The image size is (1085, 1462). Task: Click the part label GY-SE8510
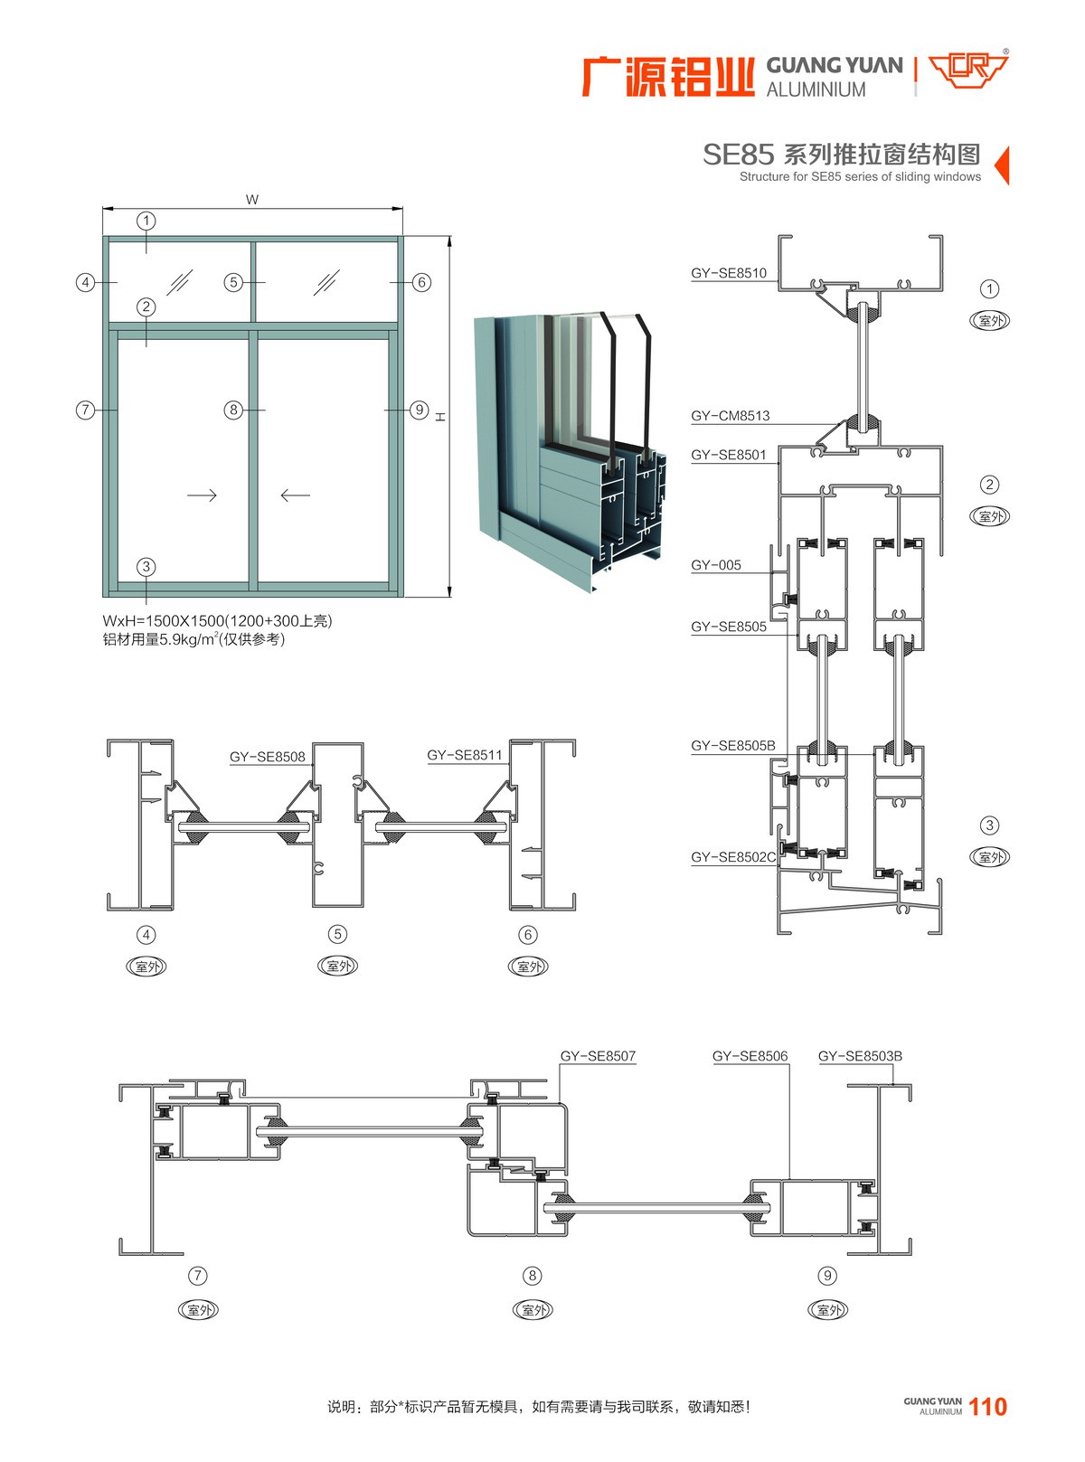729,273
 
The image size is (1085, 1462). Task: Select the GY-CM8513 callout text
731,416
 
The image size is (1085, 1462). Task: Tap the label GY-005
716,565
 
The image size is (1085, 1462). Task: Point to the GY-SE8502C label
733,857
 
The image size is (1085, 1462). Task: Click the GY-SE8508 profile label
268,757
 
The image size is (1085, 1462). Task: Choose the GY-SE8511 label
465,755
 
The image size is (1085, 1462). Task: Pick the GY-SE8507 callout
598,1056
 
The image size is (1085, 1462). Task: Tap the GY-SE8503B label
860,1056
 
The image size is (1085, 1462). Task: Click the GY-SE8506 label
750,1056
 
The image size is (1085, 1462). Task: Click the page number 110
987,1407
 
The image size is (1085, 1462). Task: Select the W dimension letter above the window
252,200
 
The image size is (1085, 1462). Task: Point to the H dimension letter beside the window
440,417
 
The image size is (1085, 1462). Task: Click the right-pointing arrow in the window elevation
202,495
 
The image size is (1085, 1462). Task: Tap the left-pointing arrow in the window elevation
295,495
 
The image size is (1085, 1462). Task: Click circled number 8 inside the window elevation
233,410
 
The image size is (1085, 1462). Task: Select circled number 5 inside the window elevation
233,282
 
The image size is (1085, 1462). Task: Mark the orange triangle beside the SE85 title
1001,165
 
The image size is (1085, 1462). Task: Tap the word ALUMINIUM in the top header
816,90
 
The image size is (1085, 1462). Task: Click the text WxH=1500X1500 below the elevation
163,621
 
